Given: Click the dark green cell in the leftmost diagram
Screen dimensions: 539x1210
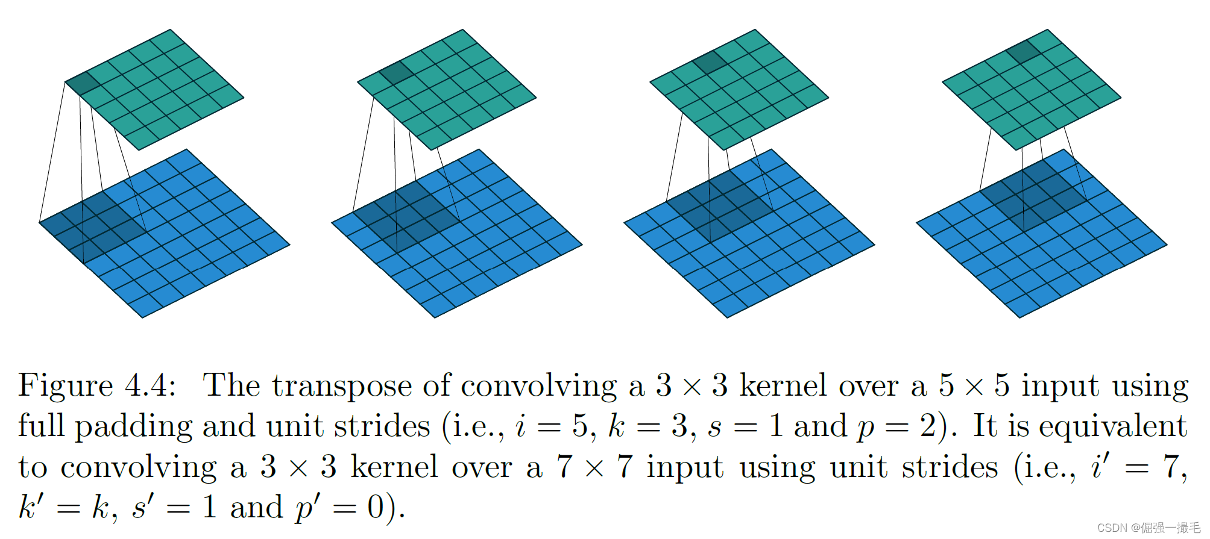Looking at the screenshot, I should [83, 83].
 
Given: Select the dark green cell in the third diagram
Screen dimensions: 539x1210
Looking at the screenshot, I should [710, 62].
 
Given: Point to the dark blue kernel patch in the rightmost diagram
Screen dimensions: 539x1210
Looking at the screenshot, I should [1033, 196].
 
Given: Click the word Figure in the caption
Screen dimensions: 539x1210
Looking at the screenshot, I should [66, 386].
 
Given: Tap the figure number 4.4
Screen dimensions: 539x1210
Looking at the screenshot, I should [150, 386].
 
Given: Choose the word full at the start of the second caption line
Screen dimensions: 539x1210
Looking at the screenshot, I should [42, 427].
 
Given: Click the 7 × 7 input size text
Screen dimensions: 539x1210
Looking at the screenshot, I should [594, 467].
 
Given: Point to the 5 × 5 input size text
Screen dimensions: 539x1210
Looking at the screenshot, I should [974, 386].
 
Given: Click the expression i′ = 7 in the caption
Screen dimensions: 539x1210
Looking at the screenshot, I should [1137, 467].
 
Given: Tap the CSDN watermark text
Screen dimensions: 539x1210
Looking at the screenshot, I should [1149, 528].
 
